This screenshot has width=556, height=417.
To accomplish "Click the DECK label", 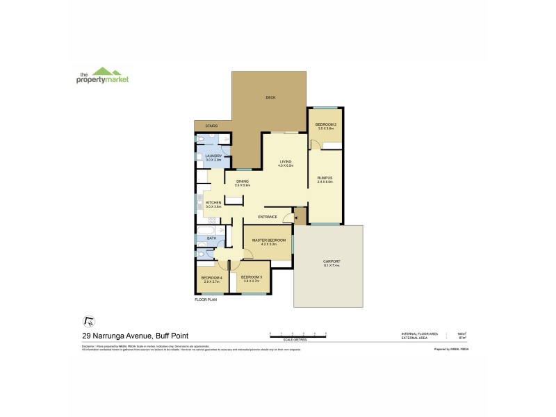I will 270,97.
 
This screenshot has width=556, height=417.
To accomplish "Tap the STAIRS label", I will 212,126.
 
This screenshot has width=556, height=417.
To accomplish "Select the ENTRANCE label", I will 268,217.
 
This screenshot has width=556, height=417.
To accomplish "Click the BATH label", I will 211,238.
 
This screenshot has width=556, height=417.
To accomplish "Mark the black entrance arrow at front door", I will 296,218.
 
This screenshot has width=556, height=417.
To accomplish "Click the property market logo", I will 102,75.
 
